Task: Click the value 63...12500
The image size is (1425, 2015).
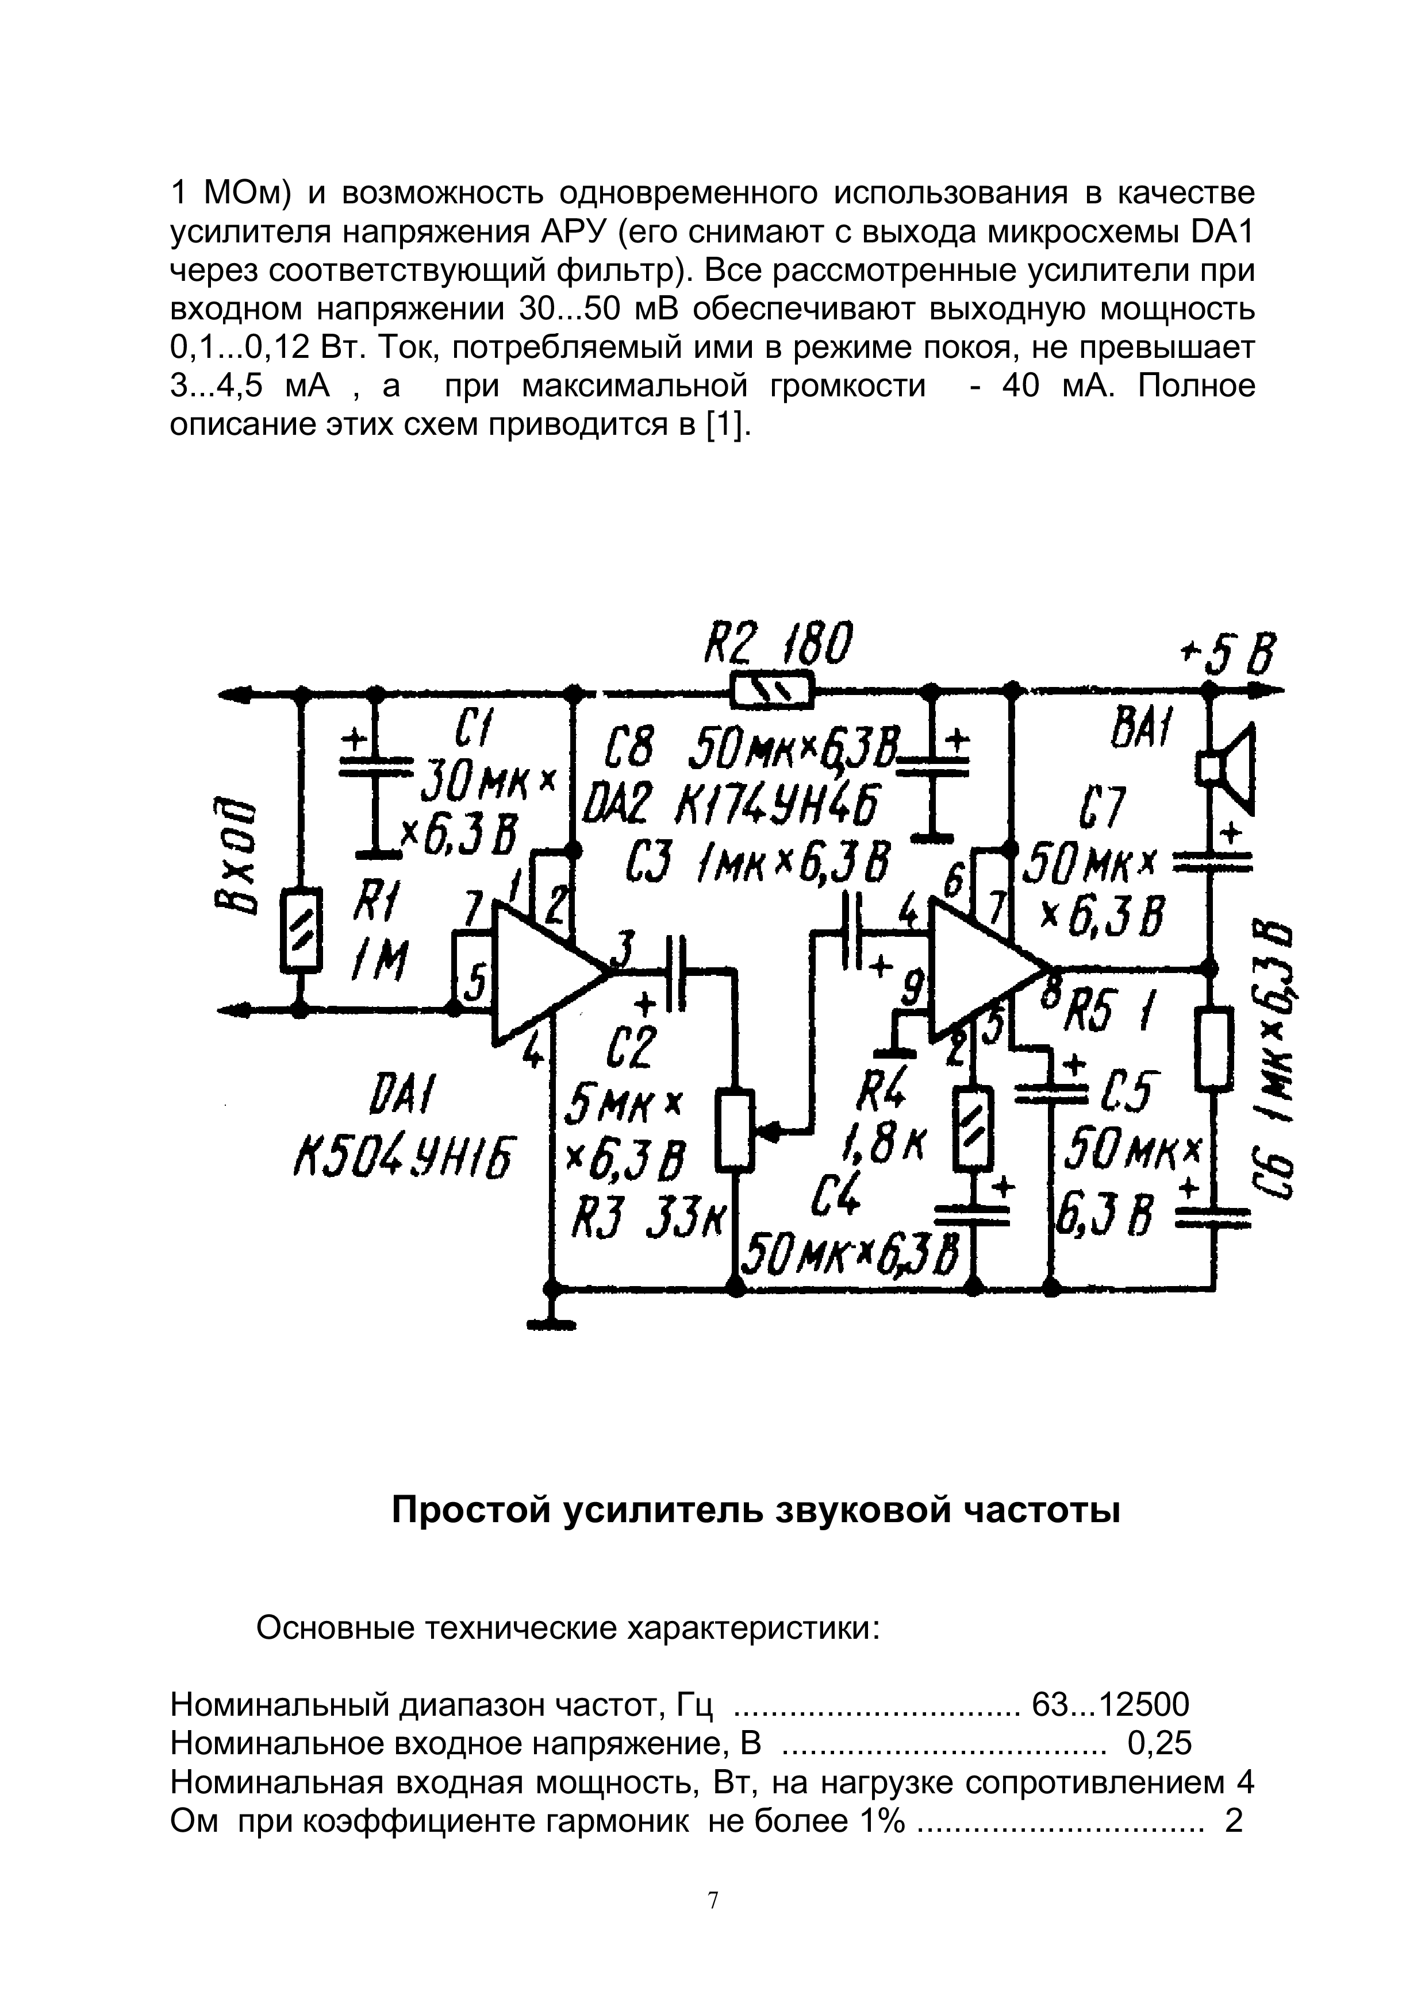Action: [x=1110, y=1704]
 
